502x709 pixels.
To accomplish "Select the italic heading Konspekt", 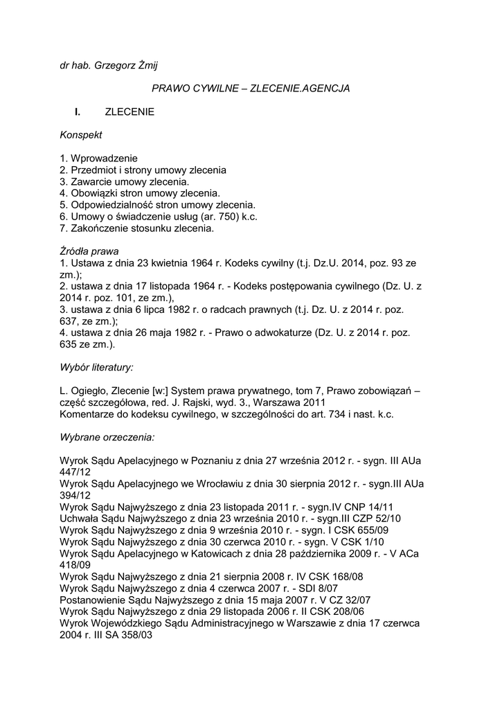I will point(81,134).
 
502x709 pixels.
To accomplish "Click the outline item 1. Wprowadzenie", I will point(99,158).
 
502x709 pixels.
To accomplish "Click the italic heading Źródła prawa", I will point(89,251).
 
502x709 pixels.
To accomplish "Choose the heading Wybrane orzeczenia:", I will point(107,438).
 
